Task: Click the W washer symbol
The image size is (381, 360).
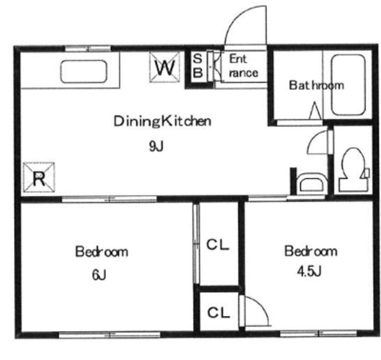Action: (x=165, y=67)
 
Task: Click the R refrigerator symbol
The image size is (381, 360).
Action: (x=39, y=177)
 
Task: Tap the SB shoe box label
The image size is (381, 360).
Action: (x=198, y=65)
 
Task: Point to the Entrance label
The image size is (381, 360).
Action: (x=243, y=66)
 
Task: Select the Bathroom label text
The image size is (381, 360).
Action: (x=316, y=85)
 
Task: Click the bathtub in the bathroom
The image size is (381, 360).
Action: (x=348, y=85)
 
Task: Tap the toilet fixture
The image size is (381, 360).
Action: (x=354, y=170)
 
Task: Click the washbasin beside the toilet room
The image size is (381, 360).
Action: (x=312, y=183)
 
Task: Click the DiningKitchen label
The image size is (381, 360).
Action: (x=163, y=121)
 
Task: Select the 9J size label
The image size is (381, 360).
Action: (x=156, y=146)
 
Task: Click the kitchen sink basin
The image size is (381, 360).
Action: (x=83, y=71)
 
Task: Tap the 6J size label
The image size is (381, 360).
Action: (x=99, y=276)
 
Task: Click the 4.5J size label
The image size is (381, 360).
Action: (x=310, y=271)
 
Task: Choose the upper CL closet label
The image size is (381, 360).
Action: (x=218, y=245)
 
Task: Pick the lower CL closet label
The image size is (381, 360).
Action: (x=218, y=312)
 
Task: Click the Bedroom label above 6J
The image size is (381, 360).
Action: (x=102, y=252)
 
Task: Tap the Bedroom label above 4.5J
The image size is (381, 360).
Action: (x=311, y=251)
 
